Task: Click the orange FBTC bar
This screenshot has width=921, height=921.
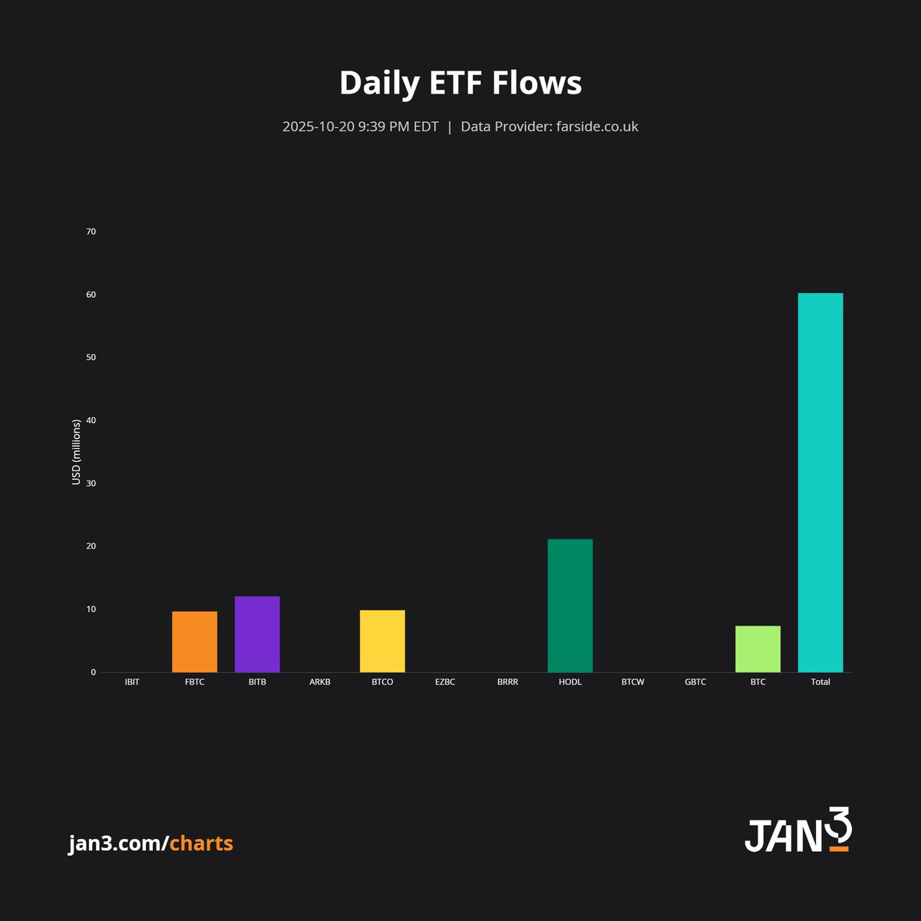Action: coord(194,642)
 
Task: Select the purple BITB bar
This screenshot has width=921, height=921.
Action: coord(257,634)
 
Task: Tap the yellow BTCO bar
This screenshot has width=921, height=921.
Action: coord(382,641)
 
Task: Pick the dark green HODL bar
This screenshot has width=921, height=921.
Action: coord(570,606)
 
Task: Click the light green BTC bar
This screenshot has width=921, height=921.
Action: coord(758,649)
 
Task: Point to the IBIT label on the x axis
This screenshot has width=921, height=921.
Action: coord(132,682)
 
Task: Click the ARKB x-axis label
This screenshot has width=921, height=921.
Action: coord(319,682)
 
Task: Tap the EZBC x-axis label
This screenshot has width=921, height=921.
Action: coord(445,682)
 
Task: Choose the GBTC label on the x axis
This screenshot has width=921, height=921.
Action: coord(695,682)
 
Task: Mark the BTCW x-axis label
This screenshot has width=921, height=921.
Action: coord(632,682)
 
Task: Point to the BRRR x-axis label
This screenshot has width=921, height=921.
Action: coord(507,682)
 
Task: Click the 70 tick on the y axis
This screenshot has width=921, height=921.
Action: coord(91,232)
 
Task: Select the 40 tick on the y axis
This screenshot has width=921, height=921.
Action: coord(91,421)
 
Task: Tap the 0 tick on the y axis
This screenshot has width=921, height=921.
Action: coord(94,672)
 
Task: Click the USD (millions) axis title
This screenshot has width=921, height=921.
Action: coord(76,452)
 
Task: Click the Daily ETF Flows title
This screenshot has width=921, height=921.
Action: coord(460,83)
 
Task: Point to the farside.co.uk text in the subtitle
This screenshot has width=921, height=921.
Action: coord(597,127)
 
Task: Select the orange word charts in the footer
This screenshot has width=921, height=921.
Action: coord(201,843)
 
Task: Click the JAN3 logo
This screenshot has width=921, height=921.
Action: coord(798,830)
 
